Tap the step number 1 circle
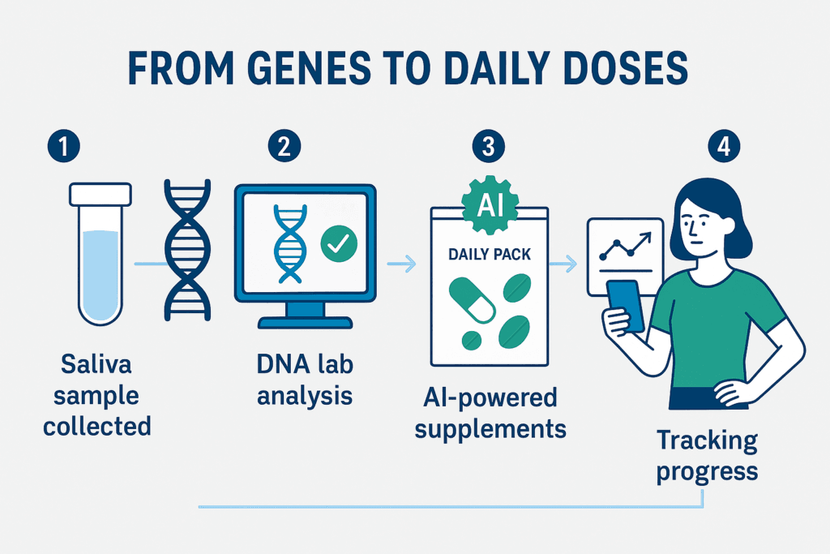click(63, 146)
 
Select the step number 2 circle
click(285, 146)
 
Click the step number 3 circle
click(488, 146)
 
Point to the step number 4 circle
click(724, 146)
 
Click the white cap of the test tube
click(100, 195)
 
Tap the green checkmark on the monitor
click(339, 243)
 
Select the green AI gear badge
click(490, 204)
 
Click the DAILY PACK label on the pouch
click(490, 255)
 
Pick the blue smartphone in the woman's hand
click(625, 306)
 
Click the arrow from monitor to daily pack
click(401, 264)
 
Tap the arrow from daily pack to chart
click(563, 264)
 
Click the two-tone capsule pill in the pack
click(472, 301)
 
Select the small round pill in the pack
click(471, 340)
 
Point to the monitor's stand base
click(305, 323)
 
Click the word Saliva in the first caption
click(96, 364)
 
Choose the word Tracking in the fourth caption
click(707, 440)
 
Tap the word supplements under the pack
click(490, 430)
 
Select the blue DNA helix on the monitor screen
click(289, 243)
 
